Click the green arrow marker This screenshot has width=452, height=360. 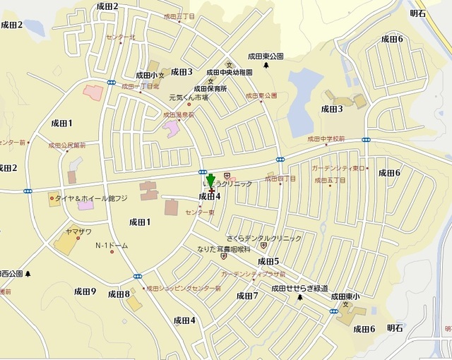[210, 181]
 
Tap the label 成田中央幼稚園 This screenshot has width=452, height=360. [229, 72]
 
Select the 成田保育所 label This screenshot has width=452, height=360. [210, 89]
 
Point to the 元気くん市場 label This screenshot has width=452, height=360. [189, 97]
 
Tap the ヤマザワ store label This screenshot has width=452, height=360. [78, 231]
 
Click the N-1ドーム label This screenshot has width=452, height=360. [112, 246]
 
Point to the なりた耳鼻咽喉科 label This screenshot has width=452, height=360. [224, 249]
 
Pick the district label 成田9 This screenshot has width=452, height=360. [85, 292]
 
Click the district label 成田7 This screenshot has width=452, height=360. [247, 296]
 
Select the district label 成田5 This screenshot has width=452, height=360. [268, 261]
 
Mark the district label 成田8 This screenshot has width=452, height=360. [119, 294]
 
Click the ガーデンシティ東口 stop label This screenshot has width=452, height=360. [338, 168]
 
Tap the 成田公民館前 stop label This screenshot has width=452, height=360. [67, 145]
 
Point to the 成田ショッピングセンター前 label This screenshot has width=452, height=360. [184, 288]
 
